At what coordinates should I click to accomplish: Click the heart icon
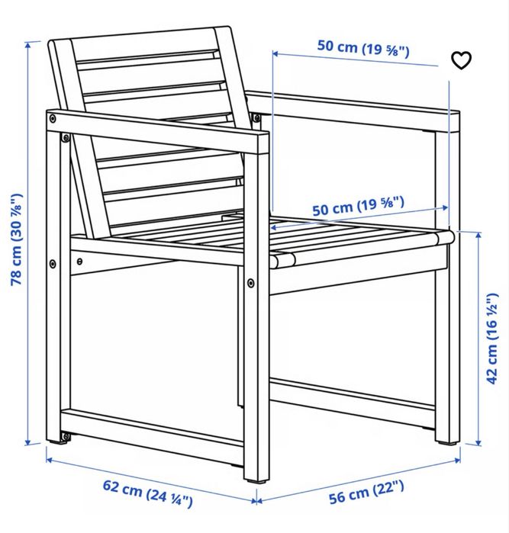coord(462,60)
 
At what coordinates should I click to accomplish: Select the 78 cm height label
coord(17,239)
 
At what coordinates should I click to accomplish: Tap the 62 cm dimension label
coord(148,493)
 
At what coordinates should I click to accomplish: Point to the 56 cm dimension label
coord(367,492)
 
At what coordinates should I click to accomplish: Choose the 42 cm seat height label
coord(492,339)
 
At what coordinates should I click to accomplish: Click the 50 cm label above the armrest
coord(363,48)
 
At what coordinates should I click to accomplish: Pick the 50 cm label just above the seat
coord(359,206)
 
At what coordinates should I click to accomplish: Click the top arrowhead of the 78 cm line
coord(28,44)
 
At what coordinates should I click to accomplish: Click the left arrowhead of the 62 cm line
coord(50,461)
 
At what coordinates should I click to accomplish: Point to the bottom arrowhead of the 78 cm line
coord(28,441)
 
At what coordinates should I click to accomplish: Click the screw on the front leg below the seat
coord(251,282)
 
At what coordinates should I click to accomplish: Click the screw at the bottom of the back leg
coord(65,437)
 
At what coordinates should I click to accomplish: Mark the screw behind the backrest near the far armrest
coord(256,117)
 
